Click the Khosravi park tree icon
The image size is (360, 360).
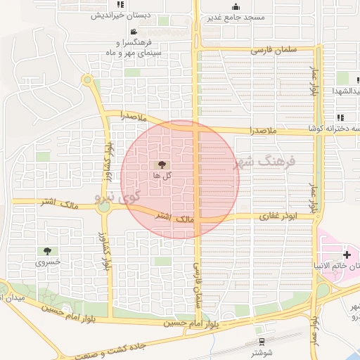(x=47, y=251)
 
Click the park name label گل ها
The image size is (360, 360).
(x=162, y=174)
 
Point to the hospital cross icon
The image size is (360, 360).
(x=346, y=254)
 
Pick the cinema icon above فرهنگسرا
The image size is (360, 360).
(x=133, y=32)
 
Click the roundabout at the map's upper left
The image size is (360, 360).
(x=87, y=80)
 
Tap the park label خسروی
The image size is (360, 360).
(x=48, y=262)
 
